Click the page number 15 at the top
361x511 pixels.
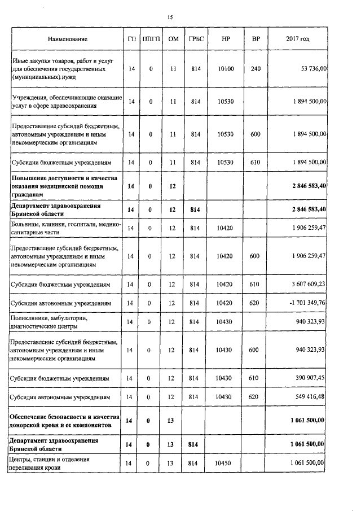click(x=170, y=18)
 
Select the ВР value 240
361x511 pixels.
click(x=255, y=68)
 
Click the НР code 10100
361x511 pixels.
click(x=226, y=68)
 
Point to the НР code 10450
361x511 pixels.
click(x=226, y=463)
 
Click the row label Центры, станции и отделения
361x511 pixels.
click(x=55, y=463)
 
